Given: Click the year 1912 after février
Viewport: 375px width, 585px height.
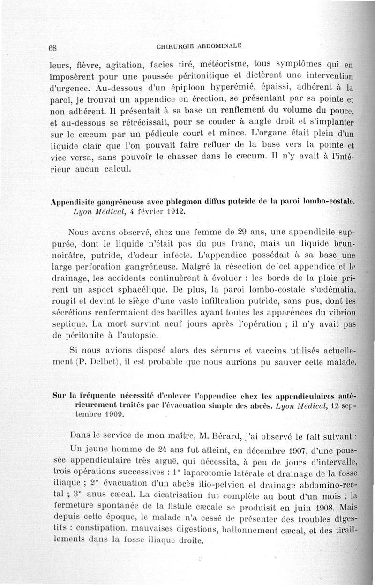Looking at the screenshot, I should pyautogui.click(x=172, y=212).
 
